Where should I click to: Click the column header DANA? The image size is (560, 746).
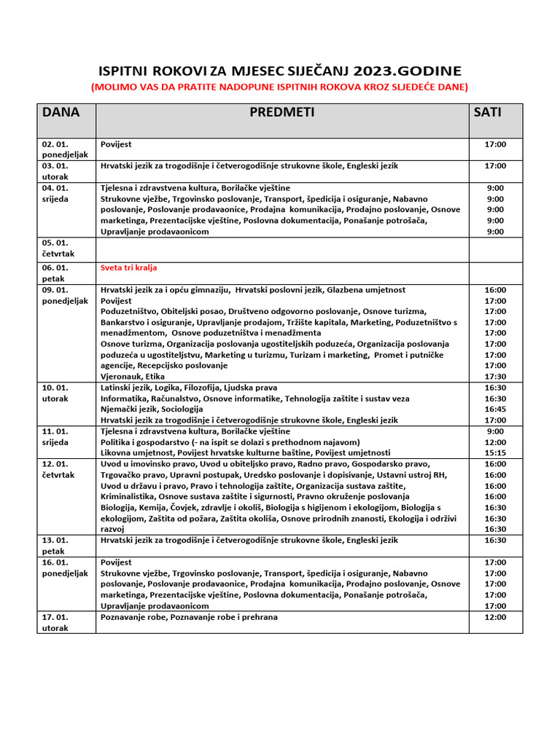pos(61,112)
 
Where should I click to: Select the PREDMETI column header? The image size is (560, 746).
pos(281,112)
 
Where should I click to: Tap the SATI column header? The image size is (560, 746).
pos(487,112)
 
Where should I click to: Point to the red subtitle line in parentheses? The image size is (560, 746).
pos(279,87)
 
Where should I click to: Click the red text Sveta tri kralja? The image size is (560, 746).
pos(128,267)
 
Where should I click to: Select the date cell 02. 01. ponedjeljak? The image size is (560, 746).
pos(64,149)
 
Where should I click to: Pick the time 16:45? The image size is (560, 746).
pos(495,409)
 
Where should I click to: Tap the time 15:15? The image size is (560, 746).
pos(495,452)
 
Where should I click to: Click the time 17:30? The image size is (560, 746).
pos(495,377)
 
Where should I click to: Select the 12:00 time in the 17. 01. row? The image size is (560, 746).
pos(495,617)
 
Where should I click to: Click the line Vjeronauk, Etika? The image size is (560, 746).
pos(132,377)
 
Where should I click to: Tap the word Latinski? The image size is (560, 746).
pos(116,388)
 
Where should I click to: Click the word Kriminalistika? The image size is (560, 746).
pos(128,497)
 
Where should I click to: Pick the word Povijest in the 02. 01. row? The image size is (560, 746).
pos(116,144)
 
